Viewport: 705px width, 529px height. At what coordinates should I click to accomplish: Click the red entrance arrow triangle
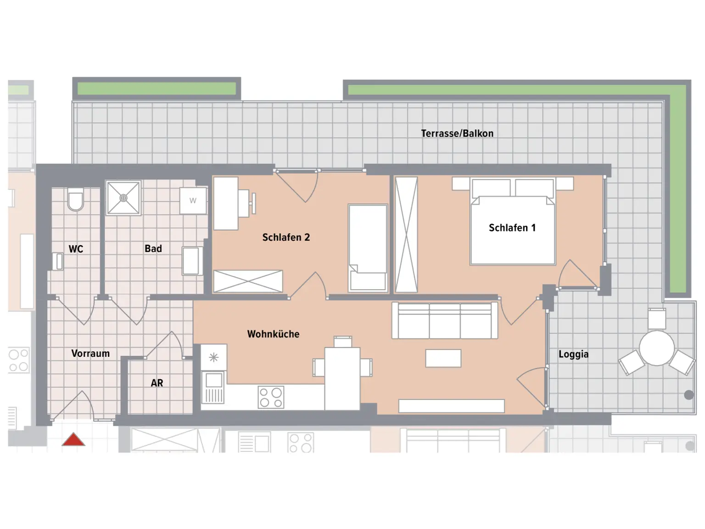coord(73,440)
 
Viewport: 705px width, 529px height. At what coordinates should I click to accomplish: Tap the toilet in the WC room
coord(75,199)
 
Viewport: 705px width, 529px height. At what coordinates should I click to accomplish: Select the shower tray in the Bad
coord(123,198)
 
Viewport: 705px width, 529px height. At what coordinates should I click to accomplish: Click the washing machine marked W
coord(193,201)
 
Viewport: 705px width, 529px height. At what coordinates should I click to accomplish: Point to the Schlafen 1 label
coord(512,228)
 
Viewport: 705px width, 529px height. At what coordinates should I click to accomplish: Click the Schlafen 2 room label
coord(286,237)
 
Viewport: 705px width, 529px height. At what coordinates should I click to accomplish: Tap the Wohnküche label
coord(274,334)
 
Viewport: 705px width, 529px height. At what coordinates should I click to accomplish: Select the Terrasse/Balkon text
coord(457,133)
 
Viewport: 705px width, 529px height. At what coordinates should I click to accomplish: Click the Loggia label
coord(574,354)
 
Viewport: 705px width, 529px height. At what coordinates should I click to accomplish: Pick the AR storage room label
coord(157,383)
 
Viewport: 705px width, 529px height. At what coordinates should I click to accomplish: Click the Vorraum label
coord(90,353)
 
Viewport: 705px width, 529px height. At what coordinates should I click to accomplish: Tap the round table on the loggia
coord(657,348)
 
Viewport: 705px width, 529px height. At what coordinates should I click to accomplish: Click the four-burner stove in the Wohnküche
coord(271,397)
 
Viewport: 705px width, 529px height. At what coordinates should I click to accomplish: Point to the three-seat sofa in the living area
coord(445,320)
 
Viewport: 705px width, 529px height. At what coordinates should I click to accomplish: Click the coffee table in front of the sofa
coord(443,358)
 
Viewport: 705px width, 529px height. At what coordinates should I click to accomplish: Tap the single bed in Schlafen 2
coord(368,248)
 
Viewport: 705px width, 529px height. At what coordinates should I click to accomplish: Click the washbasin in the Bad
coord(192,261)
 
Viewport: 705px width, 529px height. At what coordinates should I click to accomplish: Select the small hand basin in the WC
coord(58,261)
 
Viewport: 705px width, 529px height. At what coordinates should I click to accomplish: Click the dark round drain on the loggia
coord(688,395)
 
